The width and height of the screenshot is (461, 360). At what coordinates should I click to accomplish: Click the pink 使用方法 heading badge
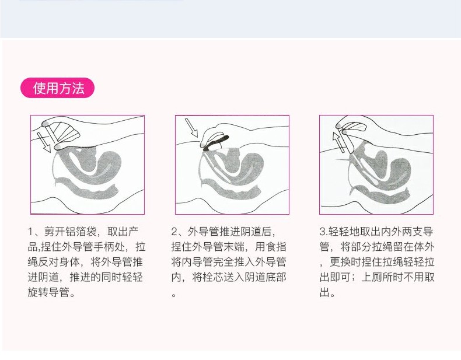tap(57, 88)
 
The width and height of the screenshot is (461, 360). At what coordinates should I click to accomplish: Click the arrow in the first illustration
tap(44, 142)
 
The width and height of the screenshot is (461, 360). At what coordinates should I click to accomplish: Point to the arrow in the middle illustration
tap(191, 128)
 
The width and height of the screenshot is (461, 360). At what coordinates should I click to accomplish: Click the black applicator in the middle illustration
tap(216, 143)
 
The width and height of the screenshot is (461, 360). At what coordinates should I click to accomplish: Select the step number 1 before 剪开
tap(30, 232)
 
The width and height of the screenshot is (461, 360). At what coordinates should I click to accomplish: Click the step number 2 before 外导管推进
tap(174, 232)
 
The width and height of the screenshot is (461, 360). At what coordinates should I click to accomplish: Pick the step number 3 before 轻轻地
tap(322, 232)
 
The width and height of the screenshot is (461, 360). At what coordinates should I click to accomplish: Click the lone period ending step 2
tap(174, 295)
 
